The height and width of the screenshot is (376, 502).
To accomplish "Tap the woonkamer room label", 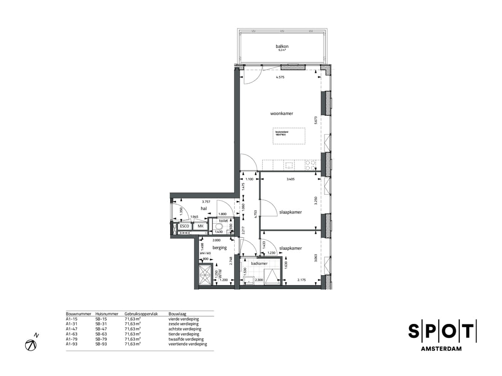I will pos(282,113).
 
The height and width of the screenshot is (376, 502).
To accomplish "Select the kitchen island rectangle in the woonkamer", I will pos(289,136).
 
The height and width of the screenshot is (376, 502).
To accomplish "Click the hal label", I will pos(204,209).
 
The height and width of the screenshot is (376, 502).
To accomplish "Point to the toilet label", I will pos(224,221).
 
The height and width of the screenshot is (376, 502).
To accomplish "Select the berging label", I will pos(220,248).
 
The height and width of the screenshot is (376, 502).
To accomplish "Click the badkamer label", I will pos(259,264).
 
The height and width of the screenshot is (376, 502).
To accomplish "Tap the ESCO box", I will pos(185,226).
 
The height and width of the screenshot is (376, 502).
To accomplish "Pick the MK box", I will pos(200,226).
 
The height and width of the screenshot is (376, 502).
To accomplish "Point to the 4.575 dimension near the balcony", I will pos(280,78).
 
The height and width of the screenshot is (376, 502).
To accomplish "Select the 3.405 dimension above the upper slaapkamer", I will pos(291,179).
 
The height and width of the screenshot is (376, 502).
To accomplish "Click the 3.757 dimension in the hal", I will pos(206,202).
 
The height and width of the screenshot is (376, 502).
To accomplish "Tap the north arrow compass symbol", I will pos(31,344).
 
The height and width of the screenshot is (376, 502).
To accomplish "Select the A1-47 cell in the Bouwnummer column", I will pos(72,329).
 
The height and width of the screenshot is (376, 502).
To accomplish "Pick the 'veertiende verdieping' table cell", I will pos(188,344).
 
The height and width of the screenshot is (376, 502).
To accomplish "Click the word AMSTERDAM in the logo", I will pos(441,349).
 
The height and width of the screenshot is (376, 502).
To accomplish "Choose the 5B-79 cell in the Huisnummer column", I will pos(101,339).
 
